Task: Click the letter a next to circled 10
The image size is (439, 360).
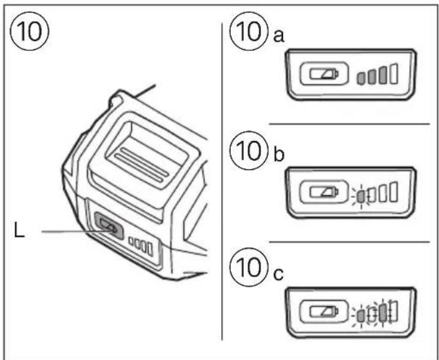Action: click(x=278, y=37)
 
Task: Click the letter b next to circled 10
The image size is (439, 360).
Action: click(x=279, y=158)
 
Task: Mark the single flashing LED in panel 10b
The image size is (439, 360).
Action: click(x=362, y=194)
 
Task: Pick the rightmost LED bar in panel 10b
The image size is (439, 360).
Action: click(x=393, y=191)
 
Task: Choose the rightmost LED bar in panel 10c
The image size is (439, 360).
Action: click(x=393, y=311)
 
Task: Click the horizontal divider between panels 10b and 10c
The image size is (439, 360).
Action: click(x=348, y=242)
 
